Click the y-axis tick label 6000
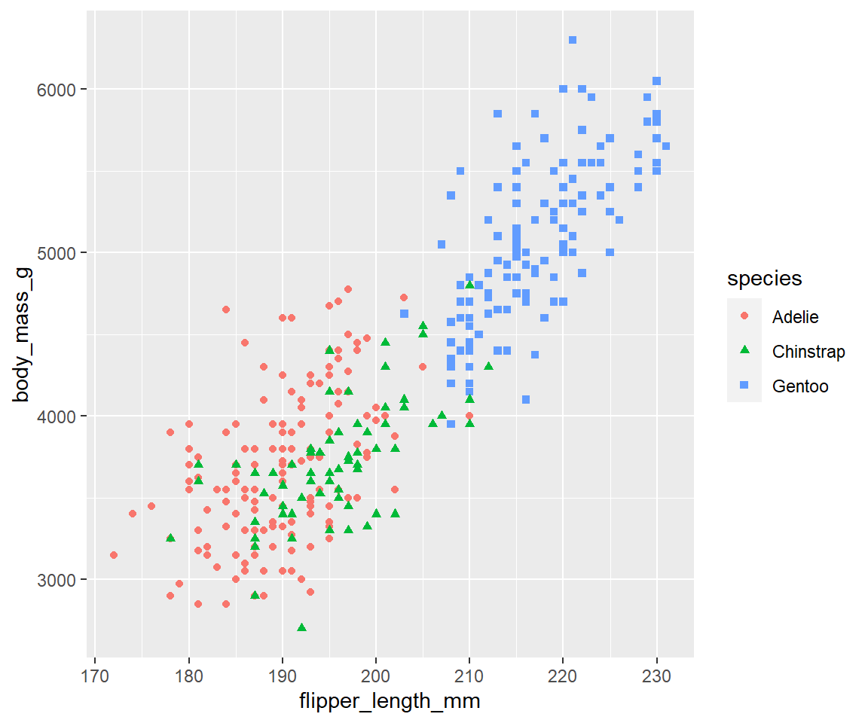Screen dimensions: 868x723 click(56, 90)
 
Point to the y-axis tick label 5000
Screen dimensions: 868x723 click(56, 253)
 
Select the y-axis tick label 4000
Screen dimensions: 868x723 click(56, 416)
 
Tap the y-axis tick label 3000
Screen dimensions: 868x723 click(56, 580)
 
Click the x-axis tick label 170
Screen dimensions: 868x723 click(95, 676)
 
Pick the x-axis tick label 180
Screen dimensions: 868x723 click(189, 676)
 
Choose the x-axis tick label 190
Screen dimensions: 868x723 click(283, 676)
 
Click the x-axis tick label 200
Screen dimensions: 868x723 click(376, 676)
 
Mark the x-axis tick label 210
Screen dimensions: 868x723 click(469, 676)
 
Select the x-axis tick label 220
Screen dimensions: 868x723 click(563, 676)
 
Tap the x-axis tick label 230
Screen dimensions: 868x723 click(656, 676)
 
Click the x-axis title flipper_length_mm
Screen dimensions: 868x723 click(390, 701)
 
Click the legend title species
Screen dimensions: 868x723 click(765, 278)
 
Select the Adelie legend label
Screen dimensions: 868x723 click(796, 317)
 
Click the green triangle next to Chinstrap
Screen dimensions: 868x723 click(744, 349)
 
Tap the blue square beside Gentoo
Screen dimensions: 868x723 click(744, 385)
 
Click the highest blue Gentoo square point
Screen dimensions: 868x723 click(573, 40)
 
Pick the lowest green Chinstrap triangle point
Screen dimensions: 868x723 click(301, 627)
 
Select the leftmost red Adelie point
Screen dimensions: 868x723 click(114, 555)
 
